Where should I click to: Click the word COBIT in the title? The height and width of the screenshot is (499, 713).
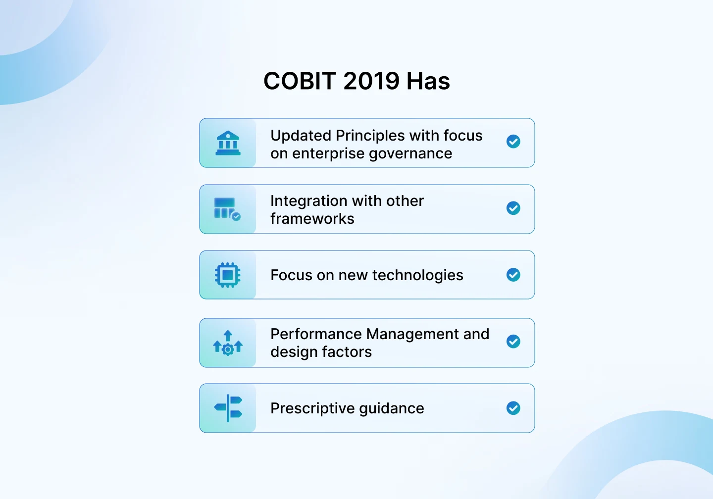pos(300,81)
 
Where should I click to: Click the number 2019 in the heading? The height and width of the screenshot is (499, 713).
pos(371,81)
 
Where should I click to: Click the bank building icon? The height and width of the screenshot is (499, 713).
pos(228,143)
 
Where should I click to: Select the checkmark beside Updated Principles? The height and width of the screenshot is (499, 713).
pos(513,142)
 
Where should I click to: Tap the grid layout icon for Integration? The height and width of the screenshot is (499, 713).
pos(227,209)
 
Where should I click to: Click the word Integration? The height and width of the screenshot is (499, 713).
pos(305,201)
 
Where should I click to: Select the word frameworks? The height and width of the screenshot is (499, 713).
pos(312,219)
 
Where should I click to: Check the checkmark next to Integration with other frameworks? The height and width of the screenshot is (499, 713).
pos(513,208)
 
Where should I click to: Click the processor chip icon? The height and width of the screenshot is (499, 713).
pos(228,275)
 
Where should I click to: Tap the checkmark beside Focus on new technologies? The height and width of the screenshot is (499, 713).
pos(513,275)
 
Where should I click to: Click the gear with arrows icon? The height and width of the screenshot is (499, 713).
pos(228,343)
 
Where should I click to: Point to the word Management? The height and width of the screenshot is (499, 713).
pos(413,335)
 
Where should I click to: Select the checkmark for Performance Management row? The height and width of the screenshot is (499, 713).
pos(513,342)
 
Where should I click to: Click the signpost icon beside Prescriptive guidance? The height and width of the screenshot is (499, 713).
pos(228,408)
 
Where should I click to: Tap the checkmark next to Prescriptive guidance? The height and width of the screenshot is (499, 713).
pos(513,408)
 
